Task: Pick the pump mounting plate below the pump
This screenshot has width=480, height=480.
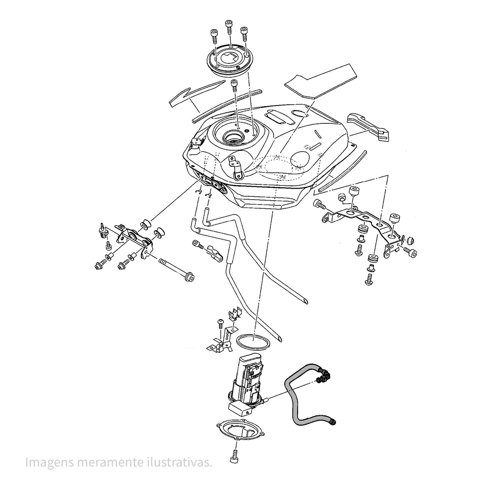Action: (240, 430)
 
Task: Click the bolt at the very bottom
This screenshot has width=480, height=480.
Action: (235, 456)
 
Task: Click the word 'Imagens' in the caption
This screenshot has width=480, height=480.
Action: (49, 463)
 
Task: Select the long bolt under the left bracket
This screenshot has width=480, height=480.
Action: (177, 269)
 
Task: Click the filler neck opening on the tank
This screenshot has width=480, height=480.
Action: (234, 137)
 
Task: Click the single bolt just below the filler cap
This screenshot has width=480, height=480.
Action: (234, 86)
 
